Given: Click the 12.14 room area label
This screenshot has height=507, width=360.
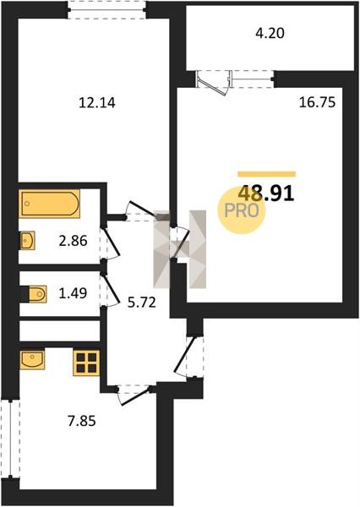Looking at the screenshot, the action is click(97, 103).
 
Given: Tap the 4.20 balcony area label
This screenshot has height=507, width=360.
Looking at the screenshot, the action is click(270, 33).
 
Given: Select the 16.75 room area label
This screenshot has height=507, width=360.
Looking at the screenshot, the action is click(317, 102).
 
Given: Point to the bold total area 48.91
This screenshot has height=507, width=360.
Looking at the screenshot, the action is click(266, 194).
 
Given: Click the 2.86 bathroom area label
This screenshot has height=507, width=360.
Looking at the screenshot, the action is click(74, 241).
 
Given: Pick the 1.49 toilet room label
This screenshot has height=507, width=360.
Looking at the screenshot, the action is click(73, 293).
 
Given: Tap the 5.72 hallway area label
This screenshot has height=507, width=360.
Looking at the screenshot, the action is click(142, 303).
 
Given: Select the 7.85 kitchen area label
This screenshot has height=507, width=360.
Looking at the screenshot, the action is click(82, 422).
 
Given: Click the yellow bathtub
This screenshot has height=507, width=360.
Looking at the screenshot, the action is click(50, 204).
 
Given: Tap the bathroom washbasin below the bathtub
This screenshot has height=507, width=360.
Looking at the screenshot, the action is click(28, 241).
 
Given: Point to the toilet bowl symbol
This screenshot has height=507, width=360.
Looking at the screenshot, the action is click(37, 294).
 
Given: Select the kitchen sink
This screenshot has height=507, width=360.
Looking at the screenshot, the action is click(32, 359).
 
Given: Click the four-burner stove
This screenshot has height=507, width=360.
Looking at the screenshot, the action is click(86, 363).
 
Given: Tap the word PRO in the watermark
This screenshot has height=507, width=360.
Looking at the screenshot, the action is click(242, 211).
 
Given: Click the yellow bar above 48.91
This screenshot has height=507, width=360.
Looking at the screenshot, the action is click(267, 174).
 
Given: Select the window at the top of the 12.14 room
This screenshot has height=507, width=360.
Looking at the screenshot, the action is click(107, 9).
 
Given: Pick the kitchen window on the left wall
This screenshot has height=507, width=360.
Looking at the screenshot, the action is click(10, 439).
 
